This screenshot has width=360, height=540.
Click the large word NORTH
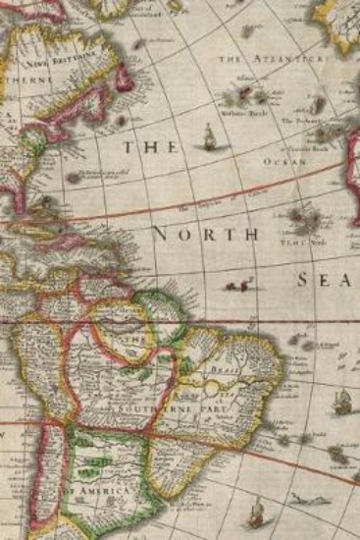click(205, 235)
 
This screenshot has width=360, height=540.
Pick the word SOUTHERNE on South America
click(145, 405)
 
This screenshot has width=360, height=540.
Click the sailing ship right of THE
click(208, 141)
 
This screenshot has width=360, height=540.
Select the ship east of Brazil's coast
click(342, 401)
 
